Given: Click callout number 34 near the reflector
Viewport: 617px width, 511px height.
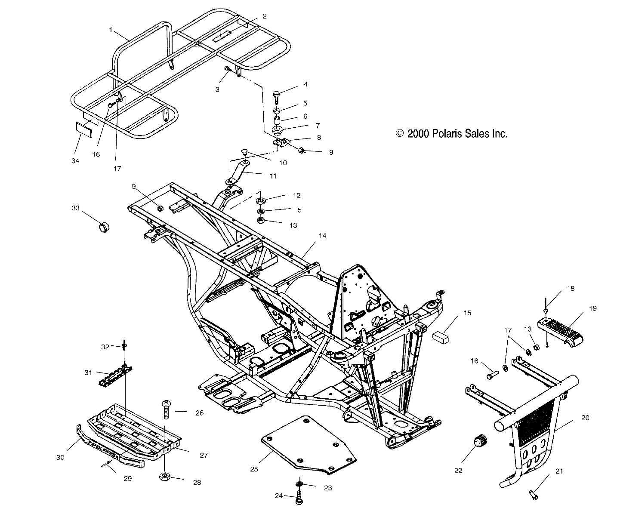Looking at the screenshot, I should pyautogui.click(x=76, y=160).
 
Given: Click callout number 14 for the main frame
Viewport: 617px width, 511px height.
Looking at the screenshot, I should pyautogui.click(x=322, y=236).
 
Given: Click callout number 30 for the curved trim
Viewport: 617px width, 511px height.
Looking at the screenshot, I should pyautogui.click(x=60, y=458).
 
